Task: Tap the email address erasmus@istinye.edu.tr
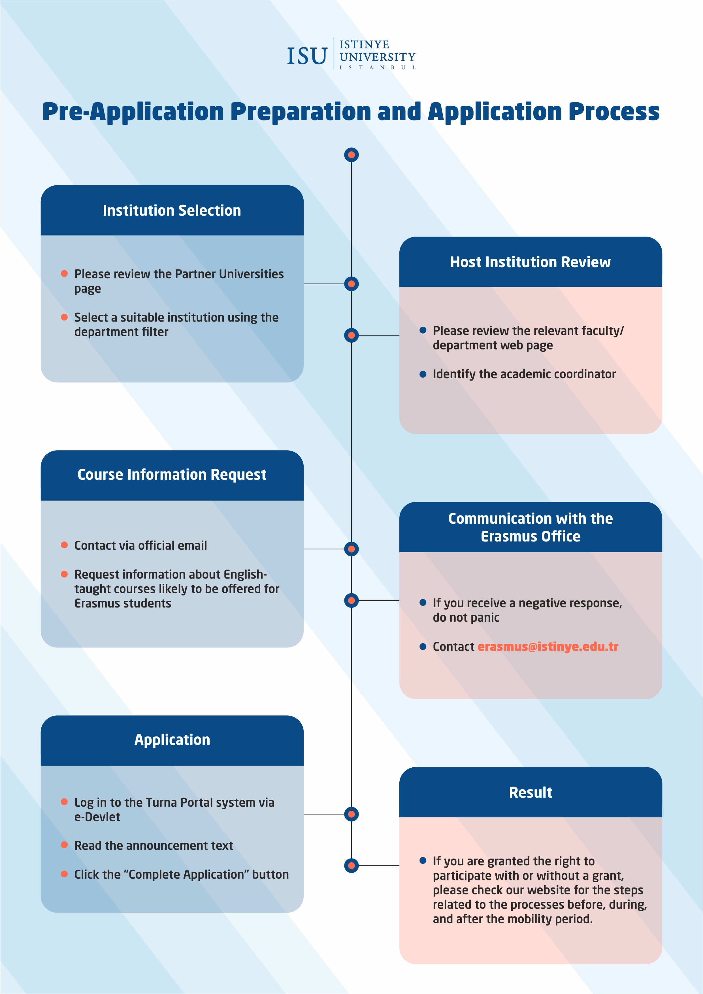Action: [548, 647]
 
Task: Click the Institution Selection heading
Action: [172, 211]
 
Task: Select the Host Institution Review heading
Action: [530, 262]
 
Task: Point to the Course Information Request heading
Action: [172, 475]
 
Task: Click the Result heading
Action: [530, 792]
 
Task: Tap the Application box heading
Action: [172, 740]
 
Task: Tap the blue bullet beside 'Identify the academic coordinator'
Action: [423, 374]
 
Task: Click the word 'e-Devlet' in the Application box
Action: [97, 817]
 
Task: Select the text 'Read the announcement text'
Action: [154, 846]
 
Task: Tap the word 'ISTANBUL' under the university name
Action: [378, 67]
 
